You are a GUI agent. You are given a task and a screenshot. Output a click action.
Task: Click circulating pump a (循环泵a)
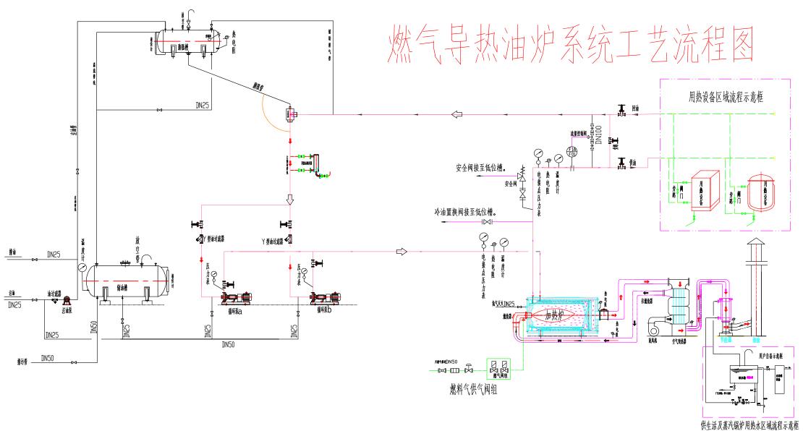(234, 297)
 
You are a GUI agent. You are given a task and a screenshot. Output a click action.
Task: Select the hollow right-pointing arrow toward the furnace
(401, 252)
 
